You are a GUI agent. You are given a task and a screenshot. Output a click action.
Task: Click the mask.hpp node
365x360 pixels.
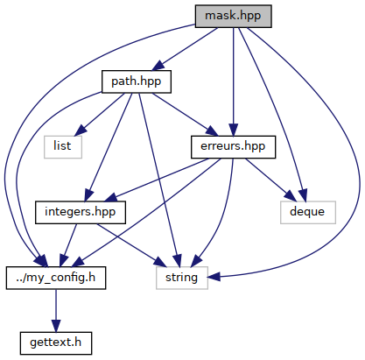tap(233, 17)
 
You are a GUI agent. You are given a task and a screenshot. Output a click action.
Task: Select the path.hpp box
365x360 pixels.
tap(137, 81)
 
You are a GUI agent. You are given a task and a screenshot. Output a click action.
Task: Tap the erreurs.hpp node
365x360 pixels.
tap(233, 147)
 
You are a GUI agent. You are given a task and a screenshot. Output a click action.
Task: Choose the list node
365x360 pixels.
tap(63, 147)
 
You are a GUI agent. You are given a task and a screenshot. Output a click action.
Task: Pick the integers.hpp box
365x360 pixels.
tap(81, 213)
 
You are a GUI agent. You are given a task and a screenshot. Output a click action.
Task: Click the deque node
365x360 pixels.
tap(308, 213)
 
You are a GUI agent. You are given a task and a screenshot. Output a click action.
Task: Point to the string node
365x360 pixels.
tap(182, 278)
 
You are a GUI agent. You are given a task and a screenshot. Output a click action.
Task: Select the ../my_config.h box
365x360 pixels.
tap(56, 278)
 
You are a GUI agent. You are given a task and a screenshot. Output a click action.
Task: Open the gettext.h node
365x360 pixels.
tap(56, 343)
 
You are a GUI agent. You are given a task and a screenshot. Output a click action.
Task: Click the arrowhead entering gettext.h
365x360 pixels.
tap(56, 326)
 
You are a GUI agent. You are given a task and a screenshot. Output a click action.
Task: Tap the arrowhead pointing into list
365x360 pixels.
tap(81, 131)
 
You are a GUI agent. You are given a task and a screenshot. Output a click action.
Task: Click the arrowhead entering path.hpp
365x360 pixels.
tap(158, 66)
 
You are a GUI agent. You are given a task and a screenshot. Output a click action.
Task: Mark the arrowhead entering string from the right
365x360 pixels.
tap(214, 277)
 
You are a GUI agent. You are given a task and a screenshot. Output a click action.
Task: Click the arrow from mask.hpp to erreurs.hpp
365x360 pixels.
tap(233, 81)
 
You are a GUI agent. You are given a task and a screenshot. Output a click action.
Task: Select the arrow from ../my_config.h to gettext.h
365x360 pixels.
tap(56, 311)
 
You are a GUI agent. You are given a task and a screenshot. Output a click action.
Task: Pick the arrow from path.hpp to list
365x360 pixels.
tap(99, 115)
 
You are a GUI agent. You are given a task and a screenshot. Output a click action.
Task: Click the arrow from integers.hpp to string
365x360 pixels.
tap(132, 245)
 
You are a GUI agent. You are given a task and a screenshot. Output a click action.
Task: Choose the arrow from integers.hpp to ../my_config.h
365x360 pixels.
tap(68, 245)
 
